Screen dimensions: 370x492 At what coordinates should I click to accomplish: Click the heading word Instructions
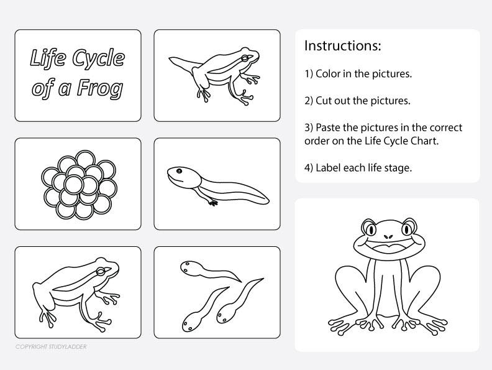[342, 46]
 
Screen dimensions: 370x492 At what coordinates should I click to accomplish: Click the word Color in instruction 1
[329, 74]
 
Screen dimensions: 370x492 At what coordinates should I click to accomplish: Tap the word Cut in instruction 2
[326, 101]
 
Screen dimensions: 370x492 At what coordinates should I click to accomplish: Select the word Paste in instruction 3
[330, 127]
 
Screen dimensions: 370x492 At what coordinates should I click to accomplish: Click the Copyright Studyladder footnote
[51, 346]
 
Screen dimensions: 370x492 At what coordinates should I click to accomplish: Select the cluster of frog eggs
[78, 183]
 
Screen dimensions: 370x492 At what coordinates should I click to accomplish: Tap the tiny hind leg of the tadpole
[212, 201]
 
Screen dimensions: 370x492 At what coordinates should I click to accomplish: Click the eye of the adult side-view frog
[106, 270]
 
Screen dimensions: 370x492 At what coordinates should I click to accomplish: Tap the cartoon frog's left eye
[370, 228]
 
